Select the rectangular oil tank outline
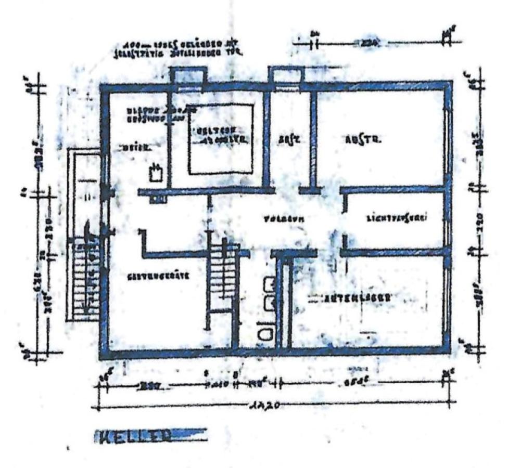click(x=221, y=139)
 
